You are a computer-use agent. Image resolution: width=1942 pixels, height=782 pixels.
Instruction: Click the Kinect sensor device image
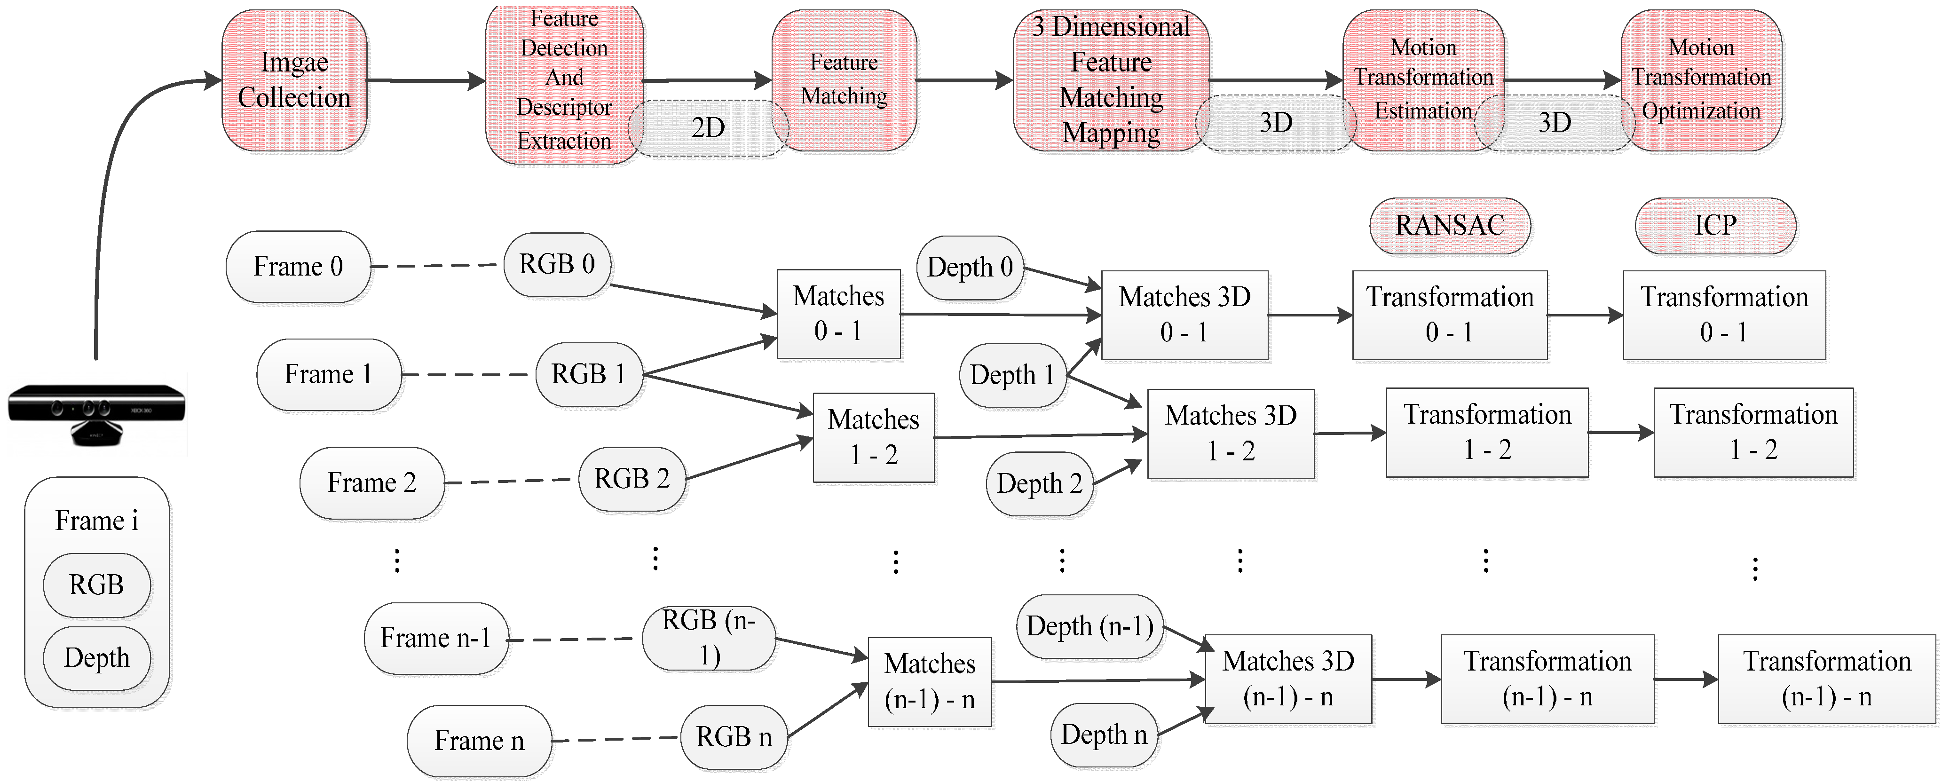(x=96, y=414)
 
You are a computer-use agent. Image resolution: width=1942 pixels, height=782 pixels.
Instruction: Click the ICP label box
(x=1715, y=225)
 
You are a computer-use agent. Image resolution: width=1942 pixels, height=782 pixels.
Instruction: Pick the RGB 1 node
(x=589, y=374)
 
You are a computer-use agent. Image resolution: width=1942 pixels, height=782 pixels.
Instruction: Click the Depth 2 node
(x=1040, y=483)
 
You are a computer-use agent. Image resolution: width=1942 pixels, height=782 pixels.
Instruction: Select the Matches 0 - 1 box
(x=838, y=314)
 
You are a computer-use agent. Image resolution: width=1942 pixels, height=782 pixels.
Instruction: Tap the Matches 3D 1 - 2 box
(x=1231, y=434)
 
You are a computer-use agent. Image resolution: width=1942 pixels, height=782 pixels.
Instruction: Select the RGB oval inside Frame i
(x=96, y=585)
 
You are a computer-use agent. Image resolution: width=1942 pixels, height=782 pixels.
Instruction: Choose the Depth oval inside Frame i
(x=96, y=658)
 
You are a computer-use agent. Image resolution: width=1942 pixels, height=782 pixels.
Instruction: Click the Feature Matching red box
(x=845, y=80)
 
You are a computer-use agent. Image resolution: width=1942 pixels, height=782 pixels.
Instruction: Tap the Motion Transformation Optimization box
(x=1702, y=80)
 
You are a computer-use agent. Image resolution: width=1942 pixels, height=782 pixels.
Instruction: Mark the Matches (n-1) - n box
(x=930, y=682)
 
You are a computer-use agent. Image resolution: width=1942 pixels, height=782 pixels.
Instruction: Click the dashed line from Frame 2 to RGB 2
(x=508, y=481)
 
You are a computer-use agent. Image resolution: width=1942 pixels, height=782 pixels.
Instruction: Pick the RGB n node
(x=734, y=737)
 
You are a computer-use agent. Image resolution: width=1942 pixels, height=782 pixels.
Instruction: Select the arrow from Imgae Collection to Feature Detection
(x=426, y=80)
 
